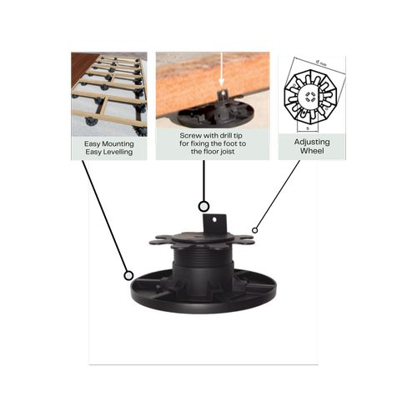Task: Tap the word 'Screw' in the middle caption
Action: (x=193, y=134)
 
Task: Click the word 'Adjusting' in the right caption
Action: (x=312, y=143)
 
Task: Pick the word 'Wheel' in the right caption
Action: (x=312, y=153)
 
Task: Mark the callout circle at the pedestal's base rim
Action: (x=128, y=274)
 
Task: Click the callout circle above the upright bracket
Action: (x=203, y=205)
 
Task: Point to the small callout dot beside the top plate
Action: (x=255, y=229)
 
